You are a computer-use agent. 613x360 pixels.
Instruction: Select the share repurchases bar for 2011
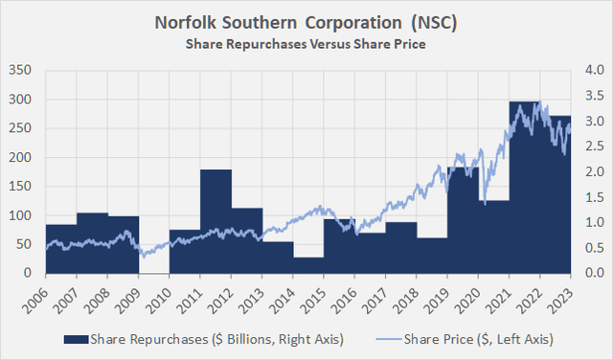pos(216,221)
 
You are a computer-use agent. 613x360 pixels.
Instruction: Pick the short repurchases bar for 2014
pos(307,265)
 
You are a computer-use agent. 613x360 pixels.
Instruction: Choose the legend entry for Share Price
pos(468,339)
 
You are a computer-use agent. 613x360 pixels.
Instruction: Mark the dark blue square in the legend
pos(71,339)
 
